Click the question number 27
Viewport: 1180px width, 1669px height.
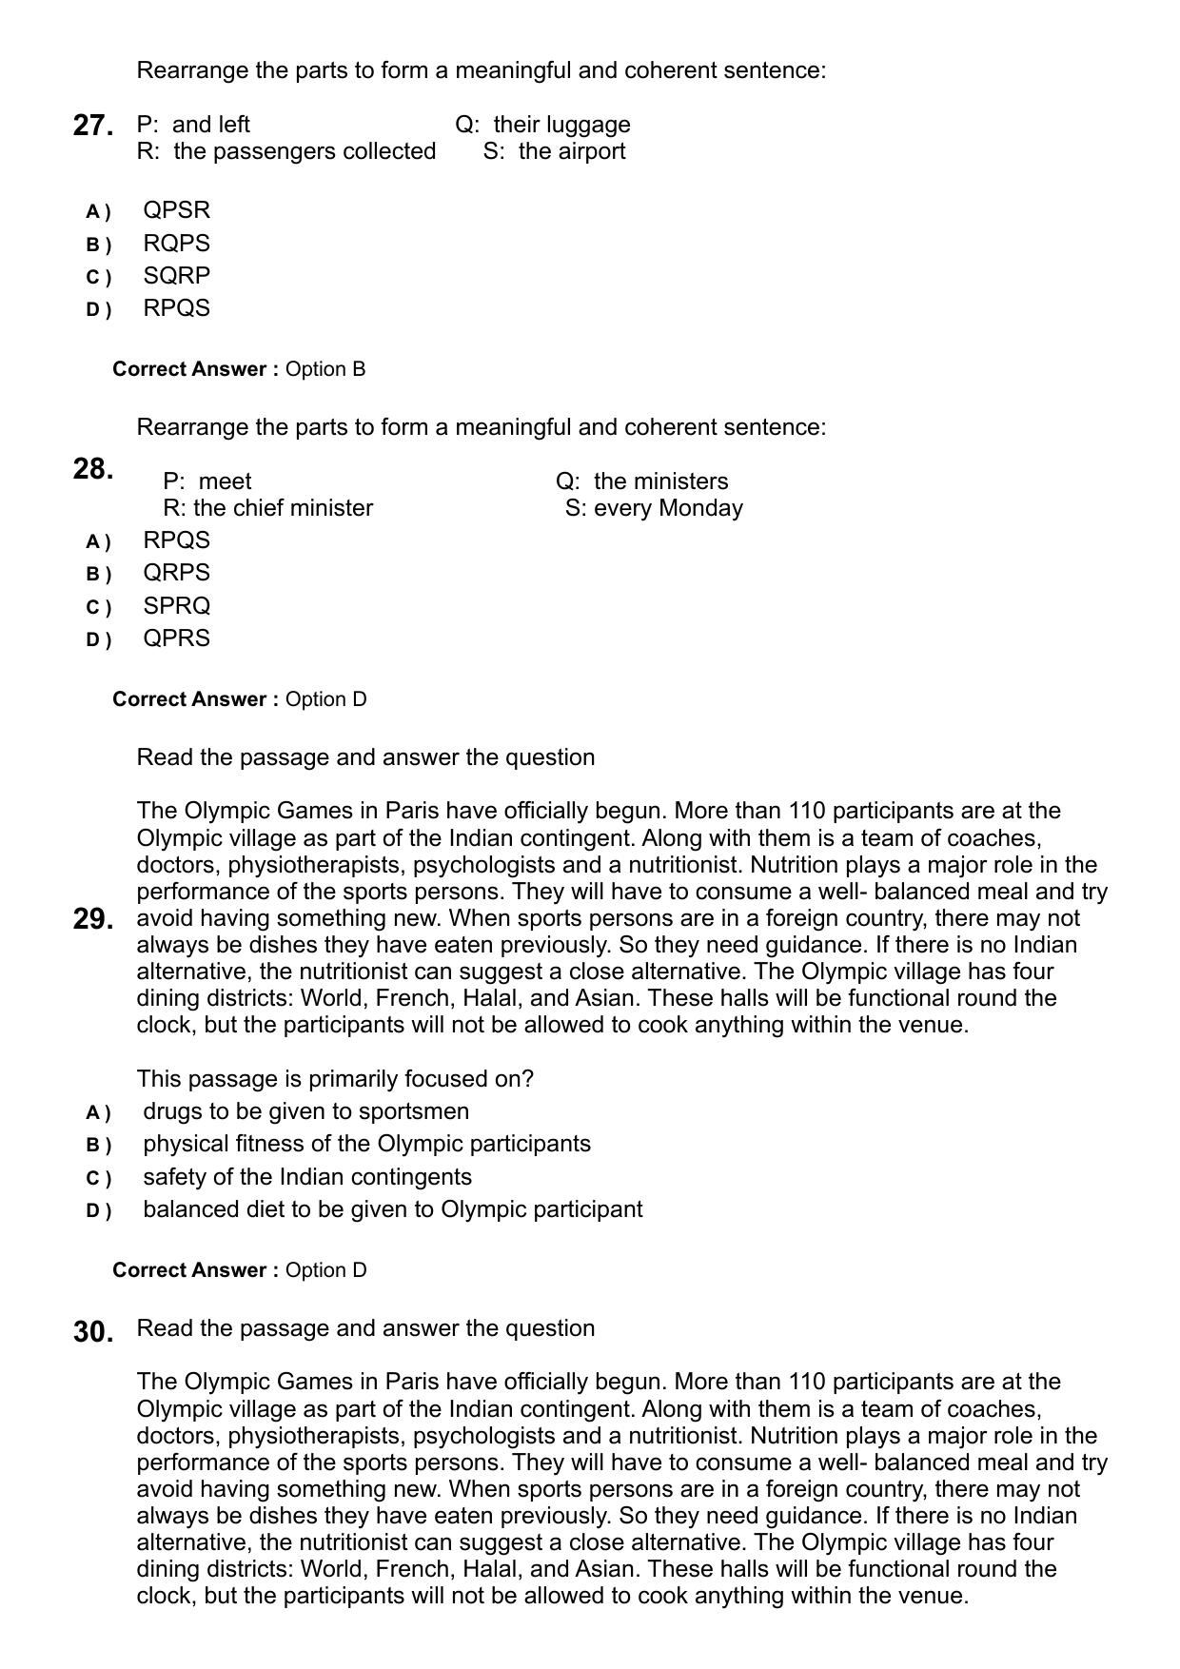point(93,126)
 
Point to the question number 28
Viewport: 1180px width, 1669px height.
point(93,469)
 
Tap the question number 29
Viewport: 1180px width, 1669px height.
point(93,919)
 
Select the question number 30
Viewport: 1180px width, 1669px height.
point(93,1332)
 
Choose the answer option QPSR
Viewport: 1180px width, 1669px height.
point(176,210)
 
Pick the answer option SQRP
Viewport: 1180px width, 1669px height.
point(176,276)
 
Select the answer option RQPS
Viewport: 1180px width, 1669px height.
point(176,244)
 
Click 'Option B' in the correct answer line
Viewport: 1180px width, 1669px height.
point(325,369)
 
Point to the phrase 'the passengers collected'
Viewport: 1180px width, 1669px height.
point(305,151)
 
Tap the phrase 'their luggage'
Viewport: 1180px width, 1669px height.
point(561,125)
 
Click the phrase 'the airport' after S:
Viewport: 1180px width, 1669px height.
point(572,151)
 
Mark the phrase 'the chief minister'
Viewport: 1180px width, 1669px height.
point(283,508)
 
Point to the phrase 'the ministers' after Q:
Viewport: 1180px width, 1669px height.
point(660,481)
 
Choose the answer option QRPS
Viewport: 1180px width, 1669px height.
point(176,573)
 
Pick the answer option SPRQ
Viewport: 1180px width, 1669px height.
point(176,606)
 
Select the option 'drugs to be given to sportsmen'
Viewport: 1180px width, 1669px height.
point(305,1111)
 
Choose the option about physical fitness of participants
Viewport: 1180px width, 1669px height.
point(366,1144)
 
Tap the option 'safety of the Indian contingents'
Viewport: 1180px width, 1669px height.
point(307,1177)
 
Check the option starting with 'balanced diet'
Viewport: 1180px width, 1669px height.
point(392,1209)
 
